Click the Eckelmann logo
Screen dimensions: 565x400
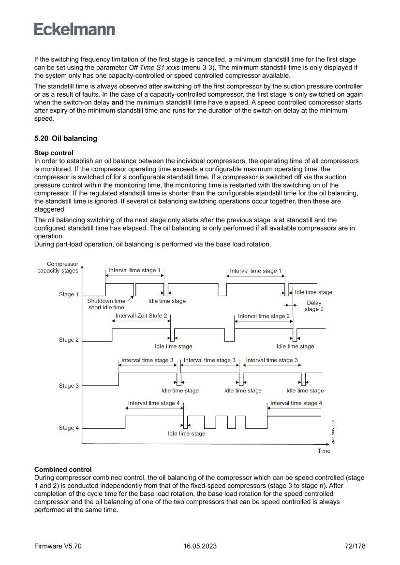[x=74, y=29]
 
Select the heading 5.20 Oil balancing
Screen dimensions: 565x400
[x=66, y=138]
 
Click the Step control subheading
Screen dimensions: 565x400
[x=54, y=153]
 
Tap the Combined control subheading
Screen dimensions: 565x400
[x=63, y=469]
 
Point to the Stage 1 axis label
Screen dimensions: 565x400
[x=67, y=294]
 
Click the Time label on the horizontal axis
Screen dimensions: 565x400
[x=324, y=451]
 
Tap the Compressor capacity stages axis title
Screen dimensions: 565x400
[x=58, y=267]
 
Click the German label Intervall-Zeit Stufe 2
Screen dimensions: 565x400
[x=141, y=316]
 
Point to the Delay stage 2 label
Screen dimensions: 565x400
[x=314, y=306]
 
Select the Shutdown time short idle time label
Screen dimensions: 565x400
[x=106, y=304]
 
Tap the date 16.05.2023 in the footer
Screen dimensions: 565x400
[x=200, y=546]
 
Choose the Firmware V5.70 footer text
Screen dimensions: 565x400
[x=58, y=546]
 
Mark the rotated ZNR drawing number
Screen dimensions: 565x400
[x=333, y=431]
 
